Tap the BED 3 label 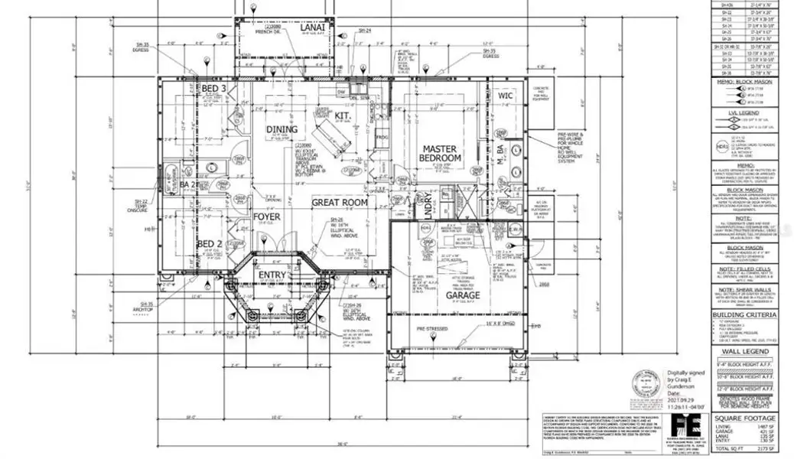tap(213, 90)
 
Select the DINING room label tap(281, 129)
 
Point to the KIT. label tap(343, 116)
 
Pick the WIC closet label tap(506, 96)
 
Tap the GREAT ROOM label tap(339, 203)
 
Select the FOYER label tap(267, 217)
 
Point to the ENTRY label tap(272, 275)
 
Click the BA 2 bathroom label tap(187, 185)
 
